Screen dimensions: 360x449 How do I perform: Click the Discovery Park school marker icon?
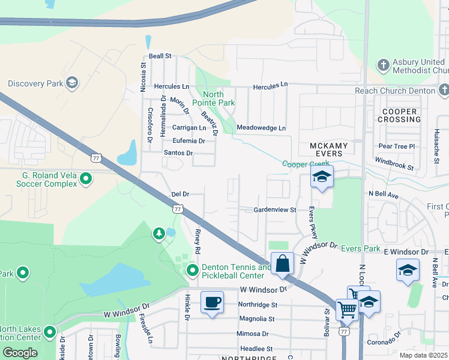tap(71, 82)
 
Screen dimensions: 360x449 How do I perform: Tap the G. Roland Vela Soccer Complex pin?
tap(86, 178)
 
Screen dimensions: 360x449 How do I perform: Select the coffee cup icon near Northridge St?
tap(212, 302)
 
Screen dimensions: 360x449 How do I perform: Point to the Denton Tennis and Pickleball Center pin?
tap(193, 271)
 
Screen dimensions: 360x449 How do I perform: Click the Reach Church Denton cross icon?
tap(444, 91)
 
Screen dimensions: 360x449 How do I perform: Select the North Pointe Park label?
tap(213, 98)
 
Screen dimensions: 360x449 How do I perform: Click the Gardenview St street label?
tap(275, 210)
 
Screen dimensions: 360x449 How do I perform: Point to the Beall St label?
tap(160, 56)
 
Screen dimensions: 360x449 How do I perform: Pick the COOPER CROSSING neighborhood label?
tap(399, 115)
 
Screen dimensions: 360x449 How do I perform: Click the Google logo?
tap(20, 352)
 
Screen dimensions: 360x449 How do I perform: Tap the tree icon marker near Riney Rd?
tap(159, 233)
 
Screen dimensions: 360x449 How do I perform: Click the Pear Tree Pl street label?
tap(397, 146)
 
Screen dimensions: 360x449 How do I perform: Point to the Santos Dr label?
tap(178, 153)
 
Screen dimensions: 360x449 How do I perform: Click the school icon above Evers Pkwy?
tap(322, 177)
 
